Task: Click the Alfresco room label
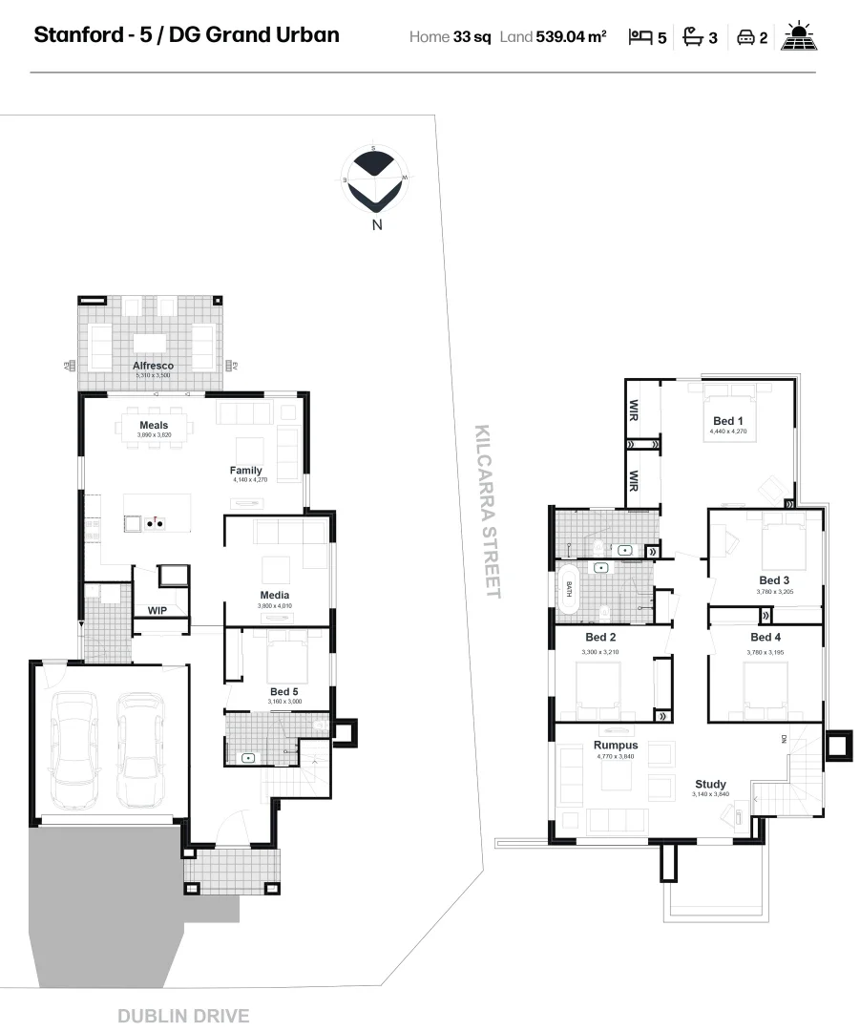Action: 153,366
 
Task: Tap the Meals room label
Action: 153,426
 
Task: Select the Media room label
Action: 274,596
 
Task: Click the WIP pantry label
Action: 157,610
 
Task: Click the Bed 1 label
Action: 728,421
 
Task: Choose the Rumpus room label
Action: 616,746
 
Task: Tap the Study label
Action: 709,785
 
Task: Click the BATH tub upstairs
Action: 570,589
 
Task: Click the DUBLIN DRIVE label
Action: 183,1016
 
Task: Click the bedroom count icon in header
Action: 640,37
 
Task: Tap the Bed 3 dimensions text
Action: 774,592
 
